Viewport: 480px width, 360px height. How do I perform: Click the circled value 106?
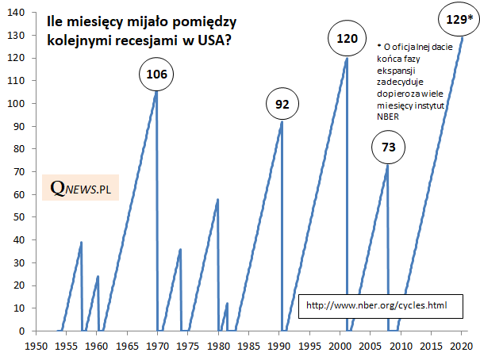[156, 75]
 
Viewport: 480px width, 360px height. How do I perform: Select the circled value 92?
[282, 105]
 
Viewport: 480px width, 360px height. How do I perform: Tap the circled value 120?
[347, 39]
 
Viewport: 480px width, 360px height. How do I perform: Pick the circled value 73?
[388, 147]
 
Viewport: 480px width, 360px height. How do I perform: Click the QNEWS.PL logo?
[79, 188]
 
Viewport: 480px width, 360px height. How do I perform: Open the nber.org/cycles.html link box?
[376, 304]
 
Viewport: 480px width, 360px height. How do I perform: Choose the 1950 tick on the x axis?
[35, 346]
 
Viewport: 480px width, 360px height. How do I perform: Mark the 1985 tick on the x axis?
[248, 346]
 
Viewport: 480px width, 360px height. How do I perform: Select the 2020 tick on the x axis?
[462, 346]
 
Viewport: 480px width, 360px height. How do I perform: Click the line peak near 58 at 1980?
[217, 200]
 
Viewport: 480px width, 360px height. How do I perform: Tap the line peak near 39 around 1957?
[81, 243]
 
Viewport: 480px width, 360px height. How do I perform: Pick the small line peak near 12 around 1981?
[227, 304]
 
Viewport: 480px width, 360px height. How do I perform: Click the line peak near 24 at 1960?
[98, 277]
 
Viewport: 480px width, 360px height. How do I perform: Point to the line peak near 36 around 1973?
[181, 249]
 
